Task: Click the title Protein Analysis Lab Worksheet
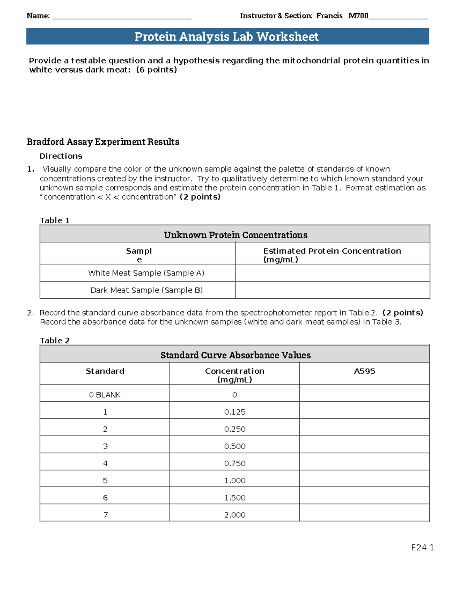tap(227, 36)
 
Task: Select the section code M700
tap(358, 16)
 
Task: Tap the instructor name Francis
tap(329, 16)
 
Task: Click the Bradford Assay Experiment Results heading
tap(103, 142)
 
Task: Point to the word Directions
tap(61, 156)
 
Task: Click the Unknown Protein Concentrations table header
tap(235, 235)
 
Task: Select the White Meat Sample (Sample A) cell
tap(146, 273)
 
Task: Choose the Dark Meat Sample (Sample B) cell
tap(146, 290)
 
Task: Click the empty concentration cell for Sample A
tap(332, 273)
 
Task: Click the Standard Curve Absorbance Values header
tap(235, 355)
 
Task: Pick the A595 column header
tap(364, 371)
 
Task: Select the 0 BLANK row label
tap(105, 395)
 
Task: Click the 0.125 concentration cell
tap(235, 412)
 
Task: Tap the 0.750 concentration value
tap(235, 463)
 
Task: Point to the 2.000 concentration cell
tap(235, 515)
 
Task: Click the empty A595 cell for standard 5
tap(364, 480)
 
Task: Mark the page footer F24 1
tap(422, 547)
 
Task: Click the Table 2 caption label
tap(55, 340)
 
